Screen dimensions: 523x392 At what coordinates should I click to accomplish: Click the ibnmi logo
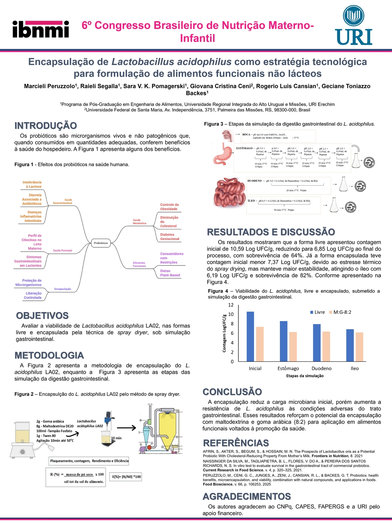pyautogui.click(x=41, y=29)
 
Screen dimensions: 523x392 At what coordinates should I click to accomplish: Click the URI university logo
pyautogui.click(x=354, y=25)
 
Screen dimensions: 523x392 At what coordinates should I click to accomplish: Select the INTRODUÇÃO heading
pyautogui.click(x=46, y=126)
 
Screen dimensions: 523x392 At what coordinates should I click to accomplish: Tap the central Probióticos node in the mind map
pyautogui.click(x=101, y=243)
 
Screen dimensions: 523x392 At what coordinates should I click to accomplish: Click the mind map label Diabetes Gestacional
pyautogui.click(x=170, y=237)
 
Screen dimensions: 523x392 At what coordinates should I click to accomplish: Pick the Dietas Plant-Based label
pyautogui.click(x=170, y=273)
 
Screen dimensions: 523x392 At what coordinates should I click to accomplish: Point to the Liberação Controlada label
pyautogui.click(x=33, y=295)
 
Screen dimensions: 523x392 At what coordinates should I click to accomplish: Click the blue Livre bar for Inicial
pyautogui.click(x=250, y=336)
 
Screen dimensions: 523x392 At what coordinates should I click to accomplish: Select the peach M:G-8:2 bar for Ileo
pyautogui.click(x=359, y=347)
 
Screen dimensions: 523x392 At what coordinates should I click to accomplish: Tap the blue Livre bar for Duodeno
pyautogui.click(x=317, y=342)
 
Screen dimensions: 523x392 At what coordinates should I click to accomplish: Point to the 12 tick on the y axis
pyautogui.click(x=231, y=305)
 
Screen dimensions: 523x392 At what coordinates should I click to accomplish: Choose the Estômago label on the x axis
pyautogui.click(x=288, y=368)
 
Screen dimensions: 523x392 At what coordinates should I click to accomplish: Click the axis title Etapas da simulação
pyautogui.click(x=305, y=376)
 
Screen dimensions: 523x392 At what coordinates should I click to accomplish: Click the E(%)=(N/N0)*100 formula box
pyautogui.click(x=126, y=477)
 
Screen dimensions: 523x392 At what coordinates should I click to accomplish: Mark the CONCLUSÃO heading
pyautogui.click(x=232, y=392)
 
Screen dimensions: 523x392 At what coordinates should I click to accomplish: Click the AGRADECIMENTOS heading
pyautogui.click(x=247, y=496)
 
